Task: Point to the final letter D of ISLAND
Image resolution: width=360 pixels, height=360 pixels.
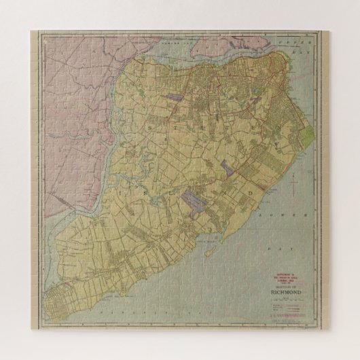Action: (257, 192)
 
